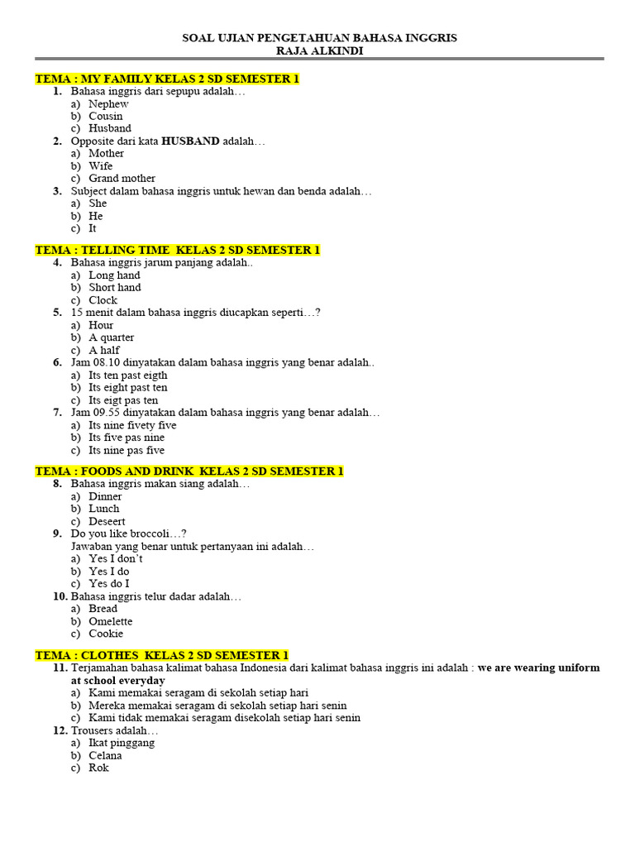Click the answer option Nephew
[108, 104]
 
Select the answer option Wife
[101, 166]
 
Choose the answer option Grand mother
[122, 179]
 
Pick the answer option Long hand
[114, 275]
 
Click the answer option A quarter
[111, 337]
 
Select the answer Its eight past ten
[127, 387]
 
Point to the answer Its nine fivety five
[132, 425]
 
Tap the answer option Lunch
[104, 509]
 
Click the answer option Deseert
[107, 522]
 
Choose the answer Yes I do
[109, 572]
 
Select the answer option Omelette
[111, 621]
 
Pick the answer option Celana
[105, 755]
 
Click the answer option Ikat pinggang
[122, 743]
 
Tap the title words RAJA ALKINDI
[318, 51]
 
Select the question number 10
[60, 596]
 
